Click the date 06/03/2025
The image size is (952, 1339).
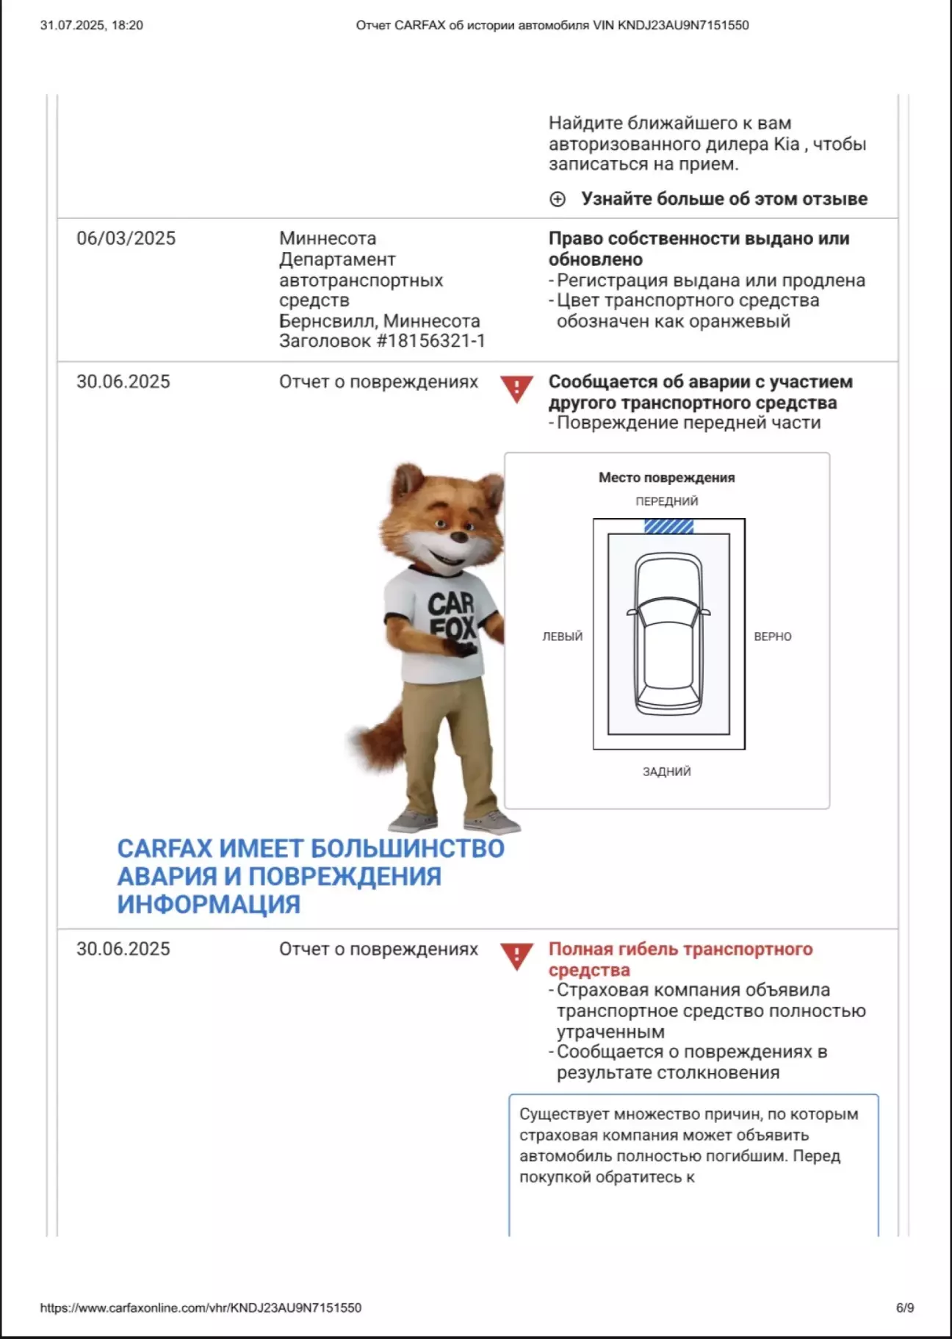(126, 238)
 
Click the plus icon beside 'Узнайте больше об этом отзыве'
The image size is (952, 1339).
(558, 199)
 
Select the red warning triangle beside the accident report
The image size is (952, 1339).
(516, 387)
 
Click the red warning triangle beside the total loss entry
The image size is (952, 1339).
(516, 955)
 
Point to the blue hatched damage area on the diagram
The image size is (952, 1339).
(668, 526)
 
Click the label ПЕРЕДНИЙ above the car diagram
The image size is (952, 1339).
(666, 501)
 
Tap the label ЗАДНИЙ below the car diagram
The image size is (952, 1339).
(666, 772)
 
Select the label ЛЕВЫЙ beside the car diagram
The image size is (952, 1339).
(562, 636)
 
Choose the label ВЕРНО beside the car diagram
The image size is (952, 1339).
(772, 636)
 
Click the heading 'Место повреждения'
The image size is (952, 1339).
(666, 478)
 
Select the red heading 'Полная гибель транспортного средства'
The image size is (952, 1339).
(680, 959)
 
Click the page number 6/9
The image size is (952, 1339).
(904, 1308)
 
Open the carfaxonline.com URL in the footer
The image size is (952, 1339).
(201, 1308)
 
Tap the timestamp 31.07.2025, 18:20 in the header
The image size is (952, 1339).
(92, 25)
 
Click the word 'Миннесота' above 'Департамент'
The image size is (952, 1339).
(328, 238)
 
